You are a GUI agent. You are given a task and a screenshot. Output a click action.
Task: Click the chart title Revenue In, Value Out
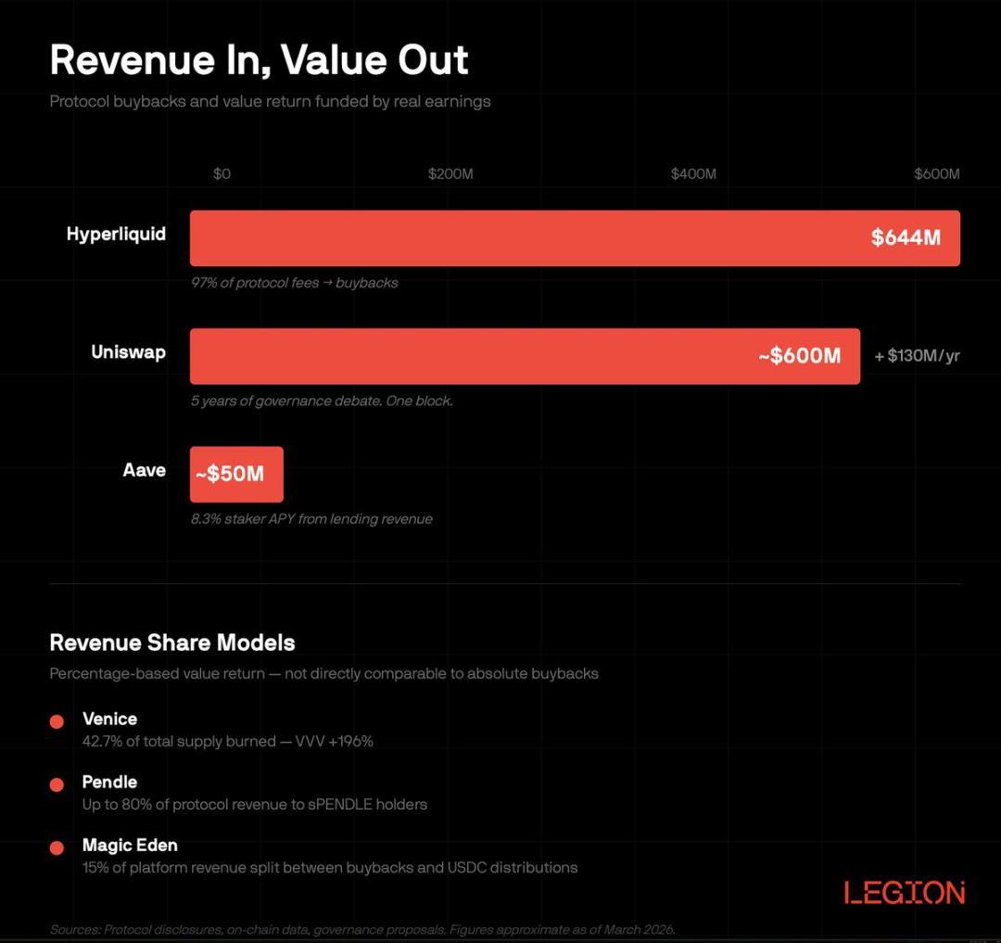pyautogui.click(x=259, y=60)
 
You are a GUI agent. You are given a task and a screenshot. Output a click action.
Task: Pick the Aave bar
pyautogui.click(x=236, y=474)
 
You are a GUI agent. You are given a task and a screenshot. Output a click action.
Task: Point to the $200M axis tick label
pyautogui.click(x=450, y=174)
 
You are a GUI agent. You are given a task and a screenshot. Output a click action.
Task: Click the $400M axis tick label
pyautogui.click(x=693, y=174)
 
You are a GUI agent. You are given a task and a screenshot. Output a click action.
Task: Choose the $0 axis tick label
pyautogui.click(x=222, y=174)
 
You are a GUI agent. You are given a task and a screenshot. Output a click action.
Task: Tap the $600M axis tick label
pyautogui.click(x=936, y=174)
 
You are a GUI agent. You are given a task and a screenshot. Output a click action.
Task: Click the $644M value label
pyautogui.click(x=906, y=238)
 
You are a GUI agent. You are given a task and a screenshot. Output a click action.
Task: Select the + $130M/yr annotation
pyautogui.click(x=917, y=356)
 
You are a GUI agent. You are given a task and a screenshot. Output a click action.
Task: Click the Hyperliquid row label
pyautogui.click(x=116, y=234)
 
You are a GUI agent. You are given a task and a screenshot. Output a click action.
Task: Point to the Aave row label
pyautogui.click(x=144, y=470)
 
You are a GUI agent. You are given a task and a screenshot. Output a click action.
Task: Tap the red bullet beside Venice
pyautogui.click(x=57, y=721)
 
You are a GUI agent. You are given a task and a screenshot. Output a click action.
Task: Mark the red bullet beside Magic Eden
pyautogui.click(x=57, y=847)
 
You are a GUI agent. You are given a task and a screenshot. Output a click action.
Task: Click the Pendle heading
pyautogui.click(x=109, y=782)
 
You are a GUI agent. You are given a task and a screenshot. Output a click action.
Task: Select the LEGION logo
pyautogui.click(x=905, y=893)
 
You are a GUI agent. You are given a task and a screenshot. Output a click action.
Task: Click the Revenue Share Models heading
pyautogui.click(x=172, y=643)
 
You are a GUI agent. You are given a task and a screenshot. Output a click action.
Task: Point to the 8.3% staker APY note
pyautogui.click(x=311, y=519)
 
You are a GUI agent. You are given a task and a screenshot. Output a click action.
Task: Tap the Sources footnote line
pyautogui.click(x=362, y=929)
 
